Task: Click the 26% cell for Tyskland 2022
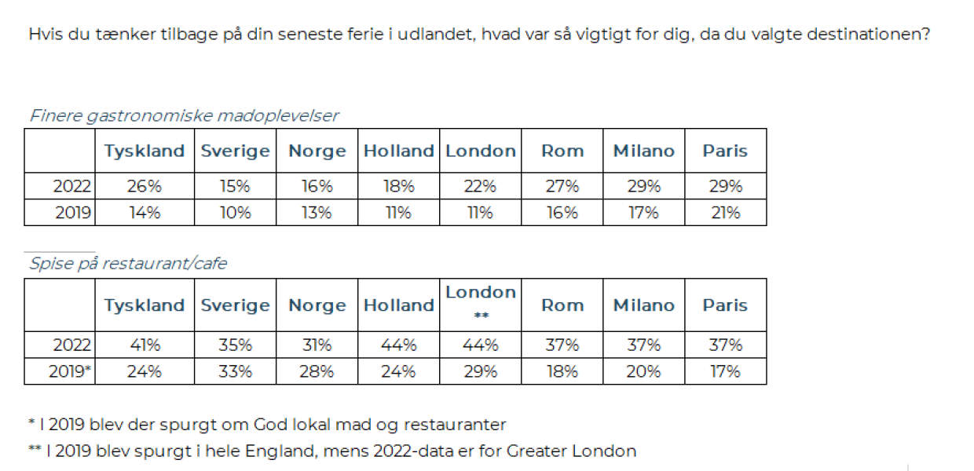coord(145,187)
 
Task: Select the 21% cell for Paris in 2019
coord(725,213)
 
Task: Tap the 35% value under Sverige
coord(235,345)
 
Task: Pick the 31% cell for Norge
coord(317,345)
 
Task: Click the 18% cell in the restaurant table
coord(562,371)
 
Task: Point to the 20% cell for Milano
coord(643,371)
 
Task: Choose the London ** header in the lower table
coord(481,301)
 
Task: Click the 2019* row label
coord(71,371)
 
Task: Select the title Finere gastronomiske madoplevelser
coord(184,116)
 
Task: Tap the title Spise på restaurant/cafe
coord(128,264)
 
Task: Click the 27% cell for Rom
coord(562,187)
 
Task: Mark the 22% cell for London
coord(481,187)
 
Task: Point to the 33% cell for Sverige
coord(235,371)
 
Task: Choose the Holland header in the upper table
coord(398,151)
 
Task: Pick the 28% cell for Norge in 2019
coord(317,371)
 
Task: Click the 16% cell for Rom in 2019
coord(562,213)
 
